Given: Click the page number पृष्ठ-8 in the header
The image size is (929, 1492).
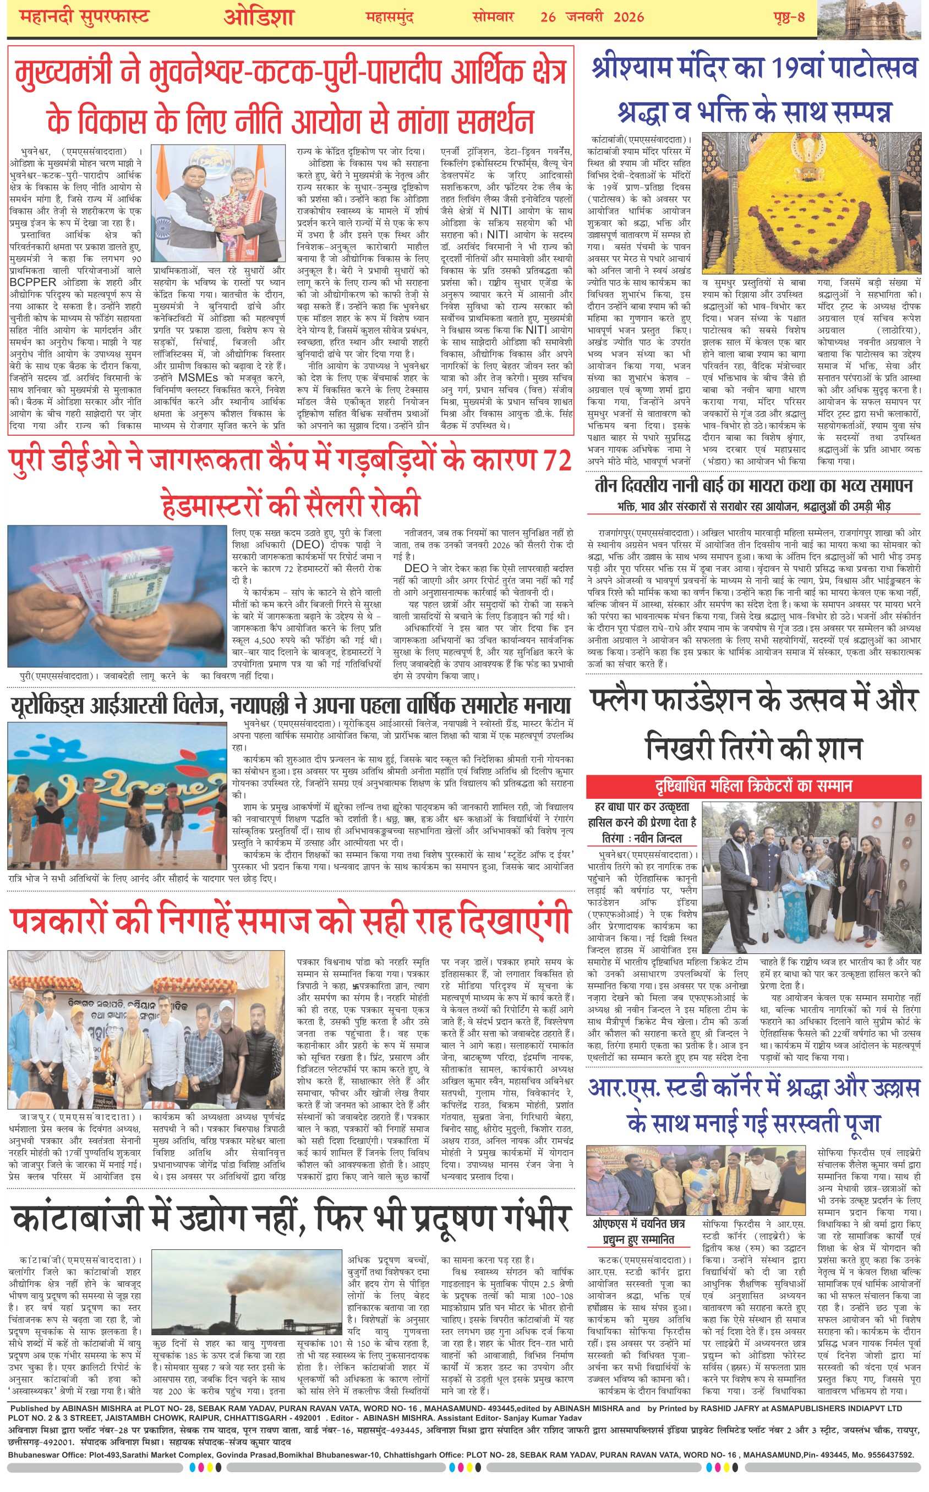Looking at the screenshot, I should tap(789, 17).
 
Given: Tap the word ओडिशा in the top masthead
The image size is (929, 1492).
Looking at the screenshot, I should tap(259, 17).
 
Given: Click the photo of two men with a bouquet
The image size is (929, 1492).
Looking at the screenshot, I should tap(218, 202).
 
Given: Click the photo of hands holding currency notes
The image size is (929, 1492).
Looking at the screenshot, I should tap(117, 596).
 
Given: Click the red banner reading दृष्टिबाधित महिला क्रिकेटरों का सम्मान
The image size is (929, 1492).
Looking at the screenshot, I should tap(753, 786).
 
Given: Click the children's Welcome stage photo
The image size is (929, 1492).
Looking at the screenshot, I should tap(117, 795).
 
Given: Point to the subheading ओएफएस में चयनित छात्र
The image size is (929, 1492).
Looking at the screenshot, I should tap(638, 1224).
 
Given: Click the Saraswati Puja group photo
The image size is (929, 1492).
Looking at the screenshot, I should tap(700, 1181).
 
